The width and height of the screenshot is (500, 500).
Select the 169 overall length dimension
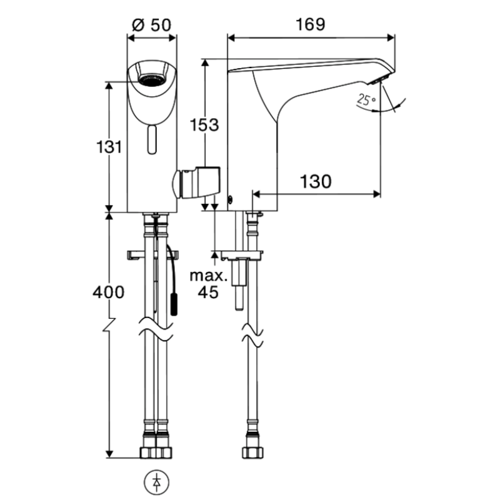[311, 24]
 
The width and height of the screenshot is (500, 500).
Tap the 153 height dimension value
[205, 125]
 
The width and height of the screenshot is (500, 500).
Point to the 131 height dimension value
[107, 148]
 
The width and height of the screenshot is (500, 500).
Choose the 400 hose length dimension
[107, 292]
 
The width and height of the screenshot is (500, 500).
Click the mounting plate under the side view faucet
[241, 255]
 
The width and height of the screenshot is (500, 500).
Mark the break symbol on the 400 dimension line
[111, 327]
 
